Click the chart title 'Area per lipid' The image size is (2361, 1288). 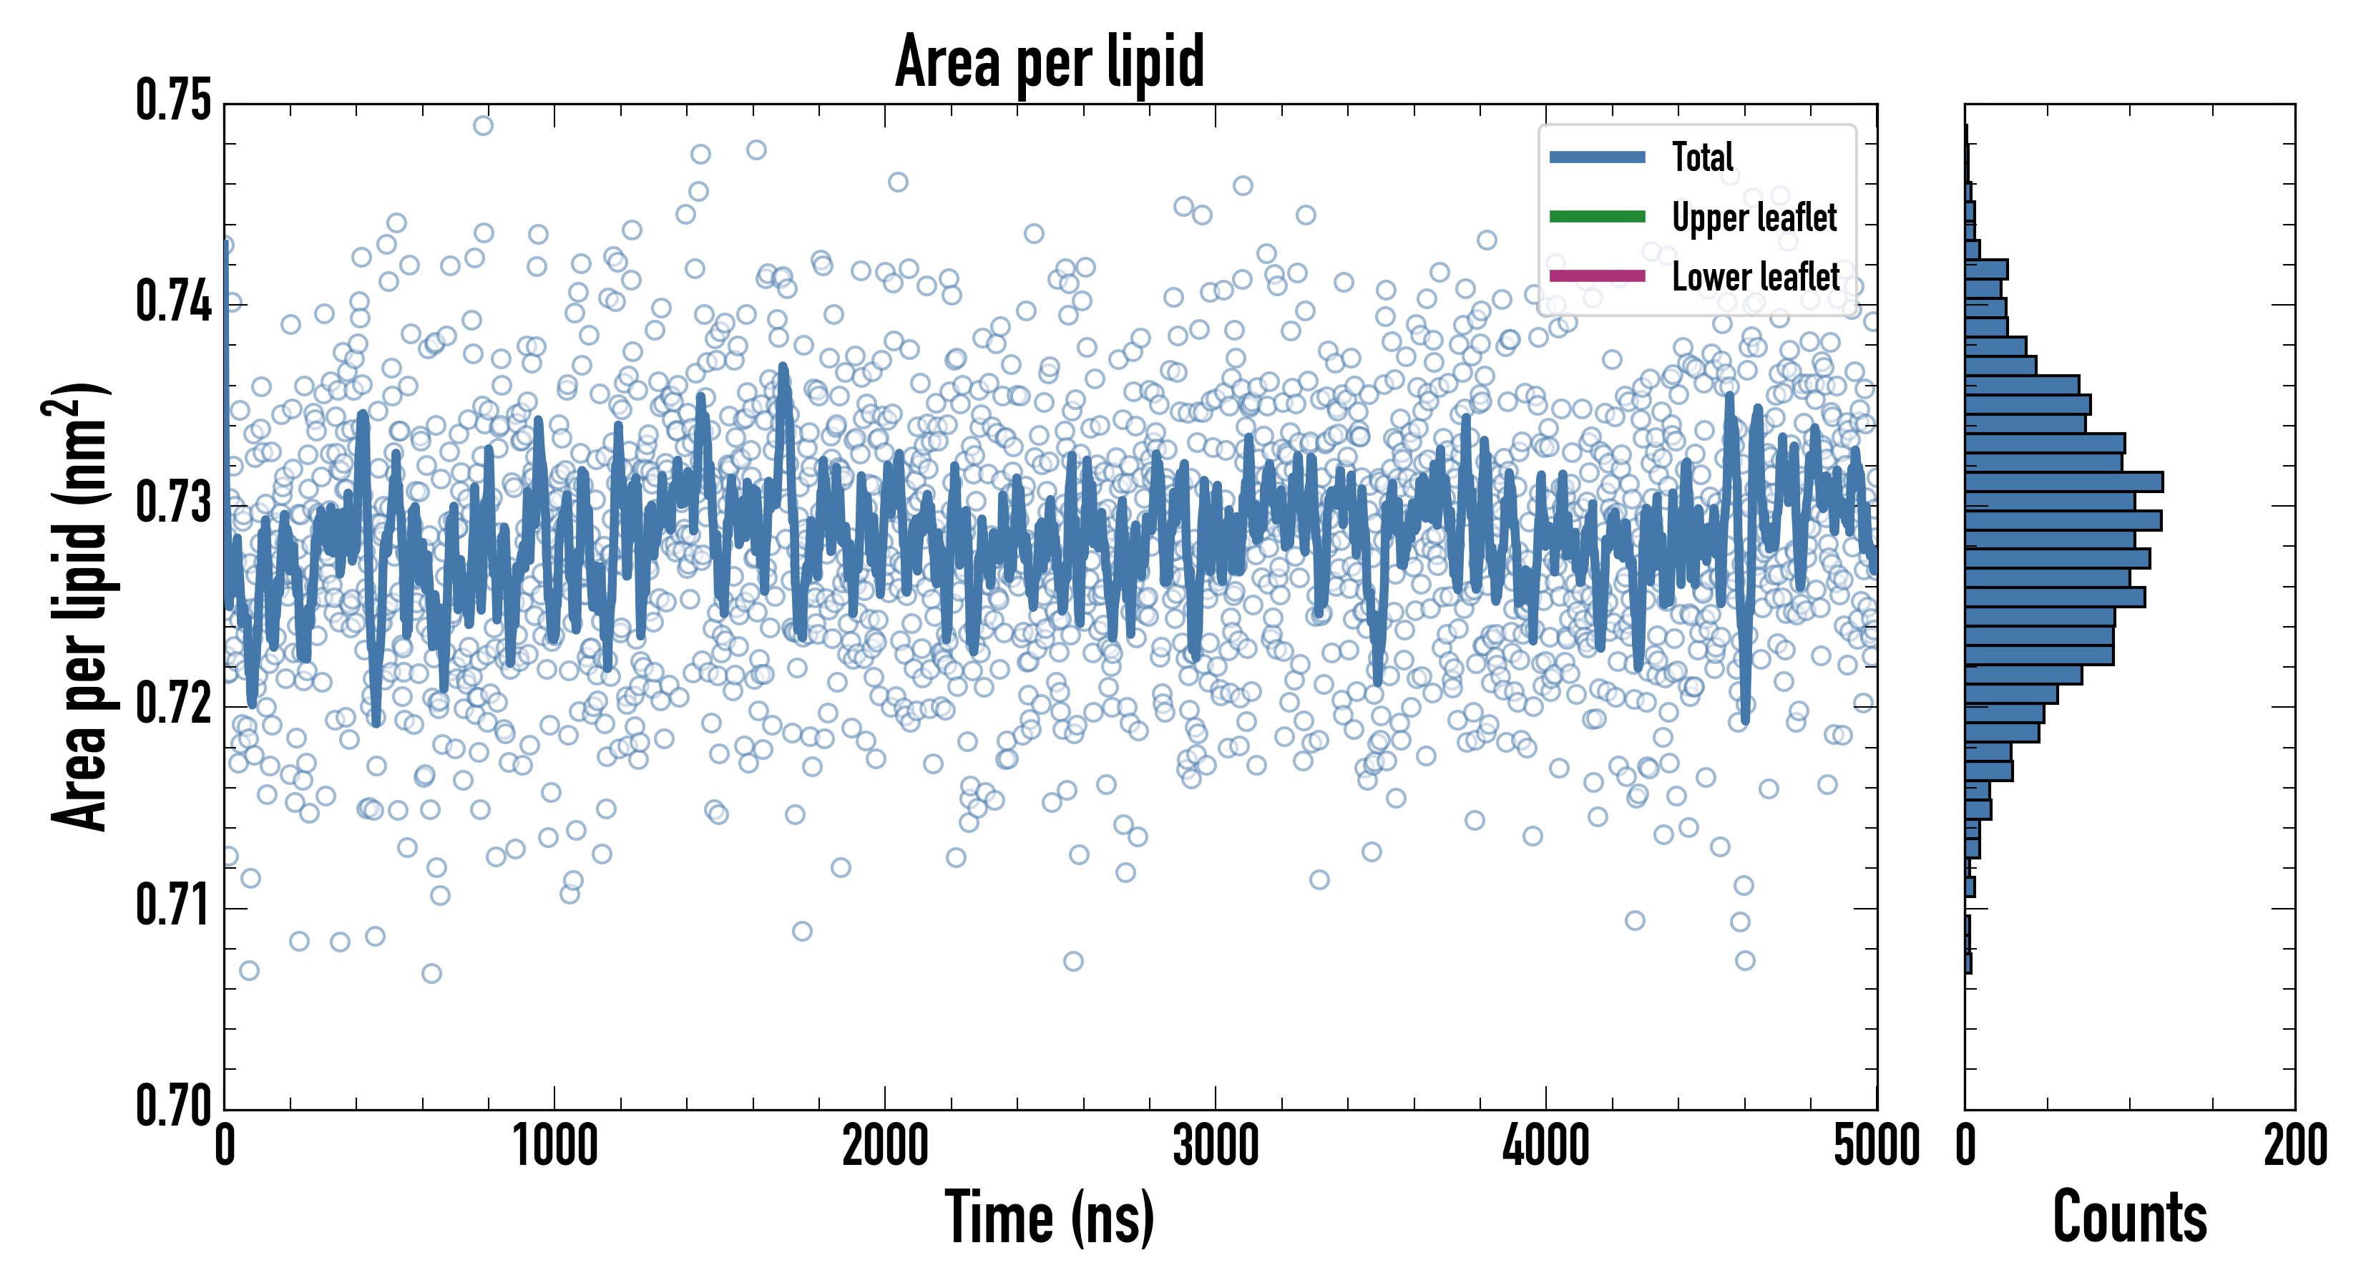(x=1050, y=62)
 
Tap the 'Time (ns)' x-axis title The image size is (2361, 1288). (x=1050, y=1216)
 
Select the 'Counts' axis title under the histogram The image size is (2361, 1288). (x=2129, y=1216)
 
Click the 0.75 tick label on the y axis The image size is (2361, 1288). (x=174, y=101)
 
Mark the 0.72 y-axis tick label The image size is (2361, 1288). (x=174, y=704)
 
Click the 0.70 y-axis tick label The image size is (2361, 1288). (x=174, y=1106)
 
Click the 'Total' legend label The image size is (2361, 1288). (x=1702, y=157)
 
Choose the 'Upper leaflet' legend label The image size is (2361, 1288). (x=1754, y=218)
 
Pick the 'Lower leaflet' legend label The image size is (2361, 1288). (x=1755, y=277)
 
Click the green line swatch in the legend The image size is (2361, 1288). (x=1597, y=216)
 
